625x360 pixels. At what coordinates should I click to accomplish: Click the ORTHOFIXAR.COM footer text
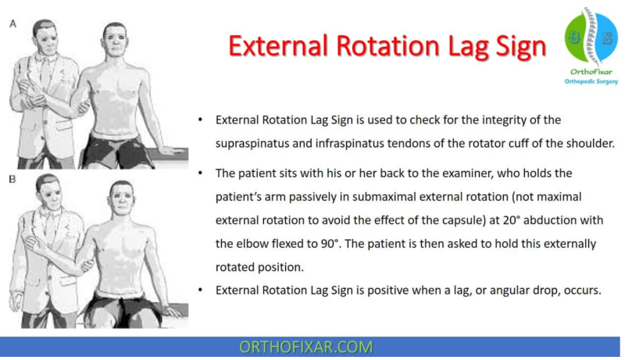pos(312,347)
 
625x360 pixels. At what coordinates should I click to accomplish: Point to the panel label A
pos(12,24)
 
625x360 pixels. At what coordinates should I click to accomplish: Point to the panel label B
pos(12,180)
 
